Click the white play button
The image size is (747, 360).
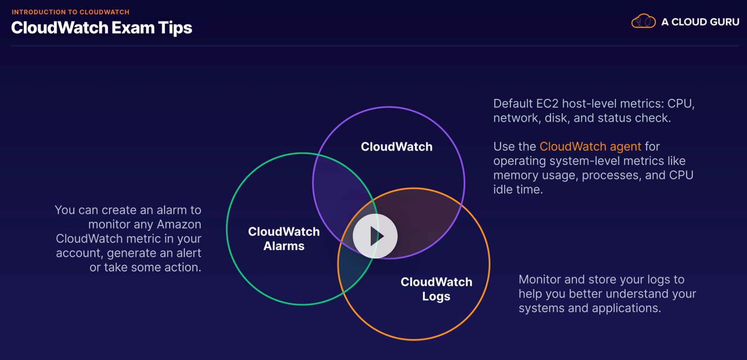(x=375, y=236)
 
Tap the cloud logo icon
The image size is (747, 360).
(x=643, y=21)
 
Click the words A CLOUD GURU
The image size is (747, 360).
(x=700, y=22)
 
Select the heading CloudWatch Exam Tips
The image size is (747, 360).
(x=101, y=28)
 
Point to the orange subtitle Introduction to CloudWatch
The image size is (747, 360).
(x=70, y=12)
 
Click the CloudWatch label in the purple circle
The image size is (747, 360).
(x=397, y=147)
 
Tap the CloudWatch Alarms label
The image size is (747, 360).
(x=284, y=239)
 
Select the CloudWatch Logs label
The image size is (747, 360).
(x=436, y=289)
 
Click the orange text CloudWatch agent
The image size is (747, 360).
(x=590, y=147)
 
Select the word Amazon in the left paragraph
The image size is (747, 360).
(x=179, y=224)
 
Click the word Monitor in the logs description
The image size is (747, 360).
(x=539, y=280)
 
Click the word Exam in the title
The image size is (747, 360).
(x=133, y=28)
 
